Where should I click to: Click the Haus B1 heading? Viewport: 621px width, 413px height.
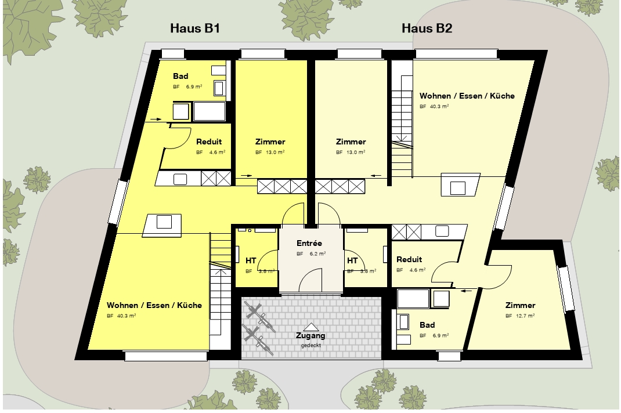[x=195, y=28]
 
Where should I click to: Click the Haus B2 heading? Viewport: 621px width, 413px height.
[x=427, y=28]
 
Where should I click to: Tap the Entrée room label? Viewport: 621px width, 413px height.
[x=309, y=243]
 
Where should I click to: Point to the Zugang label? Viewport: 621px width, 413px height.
[x=310, y=335]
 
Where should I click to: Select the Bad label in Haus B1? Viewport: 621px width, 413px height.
[x=180, y=76]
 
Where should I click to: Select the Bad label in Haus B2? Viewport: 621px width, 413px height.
[x=427, y=325]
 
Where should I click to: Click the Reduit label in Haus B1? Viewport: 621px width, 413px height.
[x=209, y=142]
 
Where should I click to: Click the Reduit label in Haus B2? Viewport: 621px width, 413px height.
[x=409, y=259]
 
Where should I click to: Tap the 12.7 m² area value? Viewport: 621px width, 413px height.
[x=525, y=316]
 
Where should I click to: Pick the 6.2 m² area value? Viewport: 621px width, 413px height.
[x=317, y=253]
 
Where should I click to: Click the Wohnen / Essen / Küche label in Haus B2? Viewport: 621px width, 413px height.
[x=467, y=96]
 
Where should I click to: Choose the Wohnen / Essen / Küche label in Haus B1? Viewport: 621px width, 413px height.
[x=154, y=305]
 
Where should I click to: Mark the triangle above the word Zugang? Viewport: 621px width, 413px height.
[x=311, y=327]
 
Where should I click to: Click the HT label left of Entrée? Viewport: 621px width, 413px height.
[x=251, y=260]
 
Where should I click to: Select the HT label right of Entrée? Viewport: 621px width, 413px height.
[x=352, y=260]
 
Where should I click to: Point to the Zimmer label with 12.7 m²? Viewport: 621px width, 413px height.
[x=520, y=305]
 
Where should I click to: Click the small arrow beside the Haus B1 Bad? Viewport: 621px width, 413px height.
[x=156, y=119]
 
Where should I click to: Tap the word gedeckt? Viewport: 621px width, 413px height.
[x=311, y=345]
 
